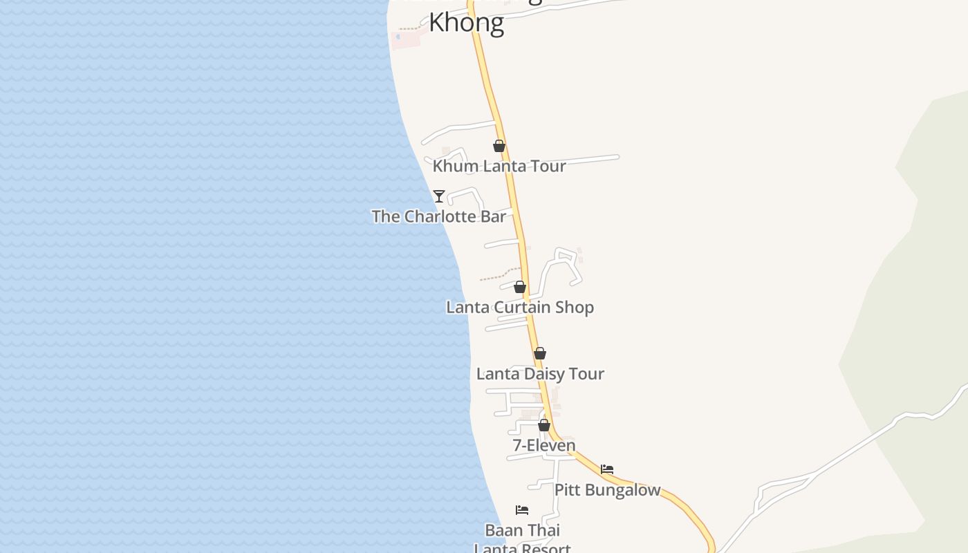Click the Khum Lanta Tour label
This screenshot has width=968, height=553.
pos(499,166)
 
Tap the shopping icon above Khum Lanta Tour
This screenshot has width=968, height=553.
pos(499,146)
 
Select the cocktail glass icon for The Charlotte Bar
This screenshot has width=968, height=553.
pos(439,196)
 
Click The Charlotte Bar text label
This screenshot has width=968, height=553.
pos(438,216)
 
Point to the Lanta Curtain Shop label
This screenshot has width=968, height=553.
pos(520,307)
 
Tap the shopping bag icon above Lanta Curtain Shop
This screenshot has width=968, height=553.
pos(520,287)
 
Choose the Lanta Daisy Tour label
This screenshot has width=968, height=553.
pos(540,374)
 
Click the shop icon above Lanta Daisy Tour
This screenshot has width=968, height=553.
pos(540,353)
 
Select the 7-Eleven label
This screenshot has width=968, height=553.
pos(544,445)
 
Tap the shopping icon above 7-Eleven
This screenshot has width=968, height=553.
pos(544,425)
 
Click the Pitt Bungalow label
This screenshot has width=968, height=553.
pos(607,490)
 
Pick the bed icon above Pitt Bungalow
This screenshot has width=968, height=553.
pos(607,469)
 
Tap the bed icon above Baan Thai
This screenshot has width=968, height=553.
pos(522,510)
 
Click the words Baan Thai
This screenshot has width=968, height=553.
pos(522,530)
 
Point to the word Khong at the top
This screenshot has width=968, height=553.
pos(467,23)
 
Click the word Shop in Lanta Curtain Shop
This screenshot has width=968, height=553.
pos(574,307)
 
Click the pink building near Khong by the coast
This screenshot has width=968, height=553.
pos(405,38)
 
